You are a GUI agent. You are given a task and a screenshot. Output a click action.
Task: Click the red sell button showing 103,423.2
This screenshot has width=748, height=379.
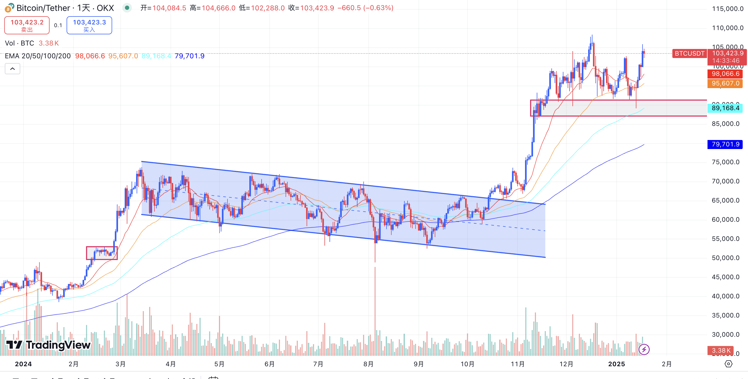(27, 25)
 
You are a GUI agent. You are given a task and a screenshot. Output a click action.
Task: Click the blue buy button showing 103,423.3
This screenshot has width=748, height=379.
(89, 25)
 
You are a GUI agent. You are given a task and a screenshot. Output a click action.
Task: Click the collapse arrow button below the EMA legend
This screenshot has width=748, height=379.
(13, 69)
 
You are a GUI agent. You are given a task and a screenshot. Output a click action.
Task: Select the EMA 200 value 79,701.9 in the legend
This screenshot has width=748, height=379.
(189, 56)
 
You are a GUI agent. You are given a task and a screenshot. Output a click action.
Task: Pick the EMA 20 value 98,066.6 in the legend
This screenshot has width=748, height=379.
(90, 56)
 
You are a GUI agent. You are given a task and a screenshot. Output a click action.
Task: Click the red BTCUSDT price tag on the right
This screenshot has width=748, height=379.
(689, 53)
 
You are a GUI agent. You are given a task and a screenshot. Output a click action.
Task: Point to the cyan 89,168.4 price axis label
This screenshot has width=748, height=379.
(725, 108)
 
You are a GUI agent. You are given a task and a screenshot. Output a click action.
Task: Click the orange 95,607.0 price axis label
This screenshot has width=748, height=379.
(725, 84)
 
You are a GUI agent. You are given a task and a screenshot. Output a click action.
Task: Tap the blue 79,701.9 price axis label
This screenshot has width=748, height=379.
(725, 144)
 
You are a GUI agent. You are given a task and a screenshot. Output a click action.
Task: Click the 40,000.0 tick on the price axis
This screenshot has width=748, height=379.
(725, 296)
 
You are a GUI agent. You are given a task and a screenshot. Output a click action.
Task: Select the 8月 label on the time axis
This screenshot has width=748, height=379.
(368, 364)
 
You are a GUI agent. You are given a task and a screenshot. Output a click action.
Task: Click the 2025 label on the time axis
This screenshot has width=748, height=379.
(616, 364)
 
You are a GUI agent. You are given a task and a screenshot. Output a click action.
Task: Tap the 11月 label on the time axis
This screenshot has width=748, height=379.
(517, 364)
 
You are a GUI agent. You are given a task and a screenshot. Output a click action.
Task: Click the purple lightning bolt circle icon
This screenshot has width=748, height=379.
(644, 349)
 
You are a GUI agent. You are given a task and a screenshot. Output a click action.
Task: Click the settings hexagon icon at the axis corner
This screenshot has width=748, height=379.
(729, 364)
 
